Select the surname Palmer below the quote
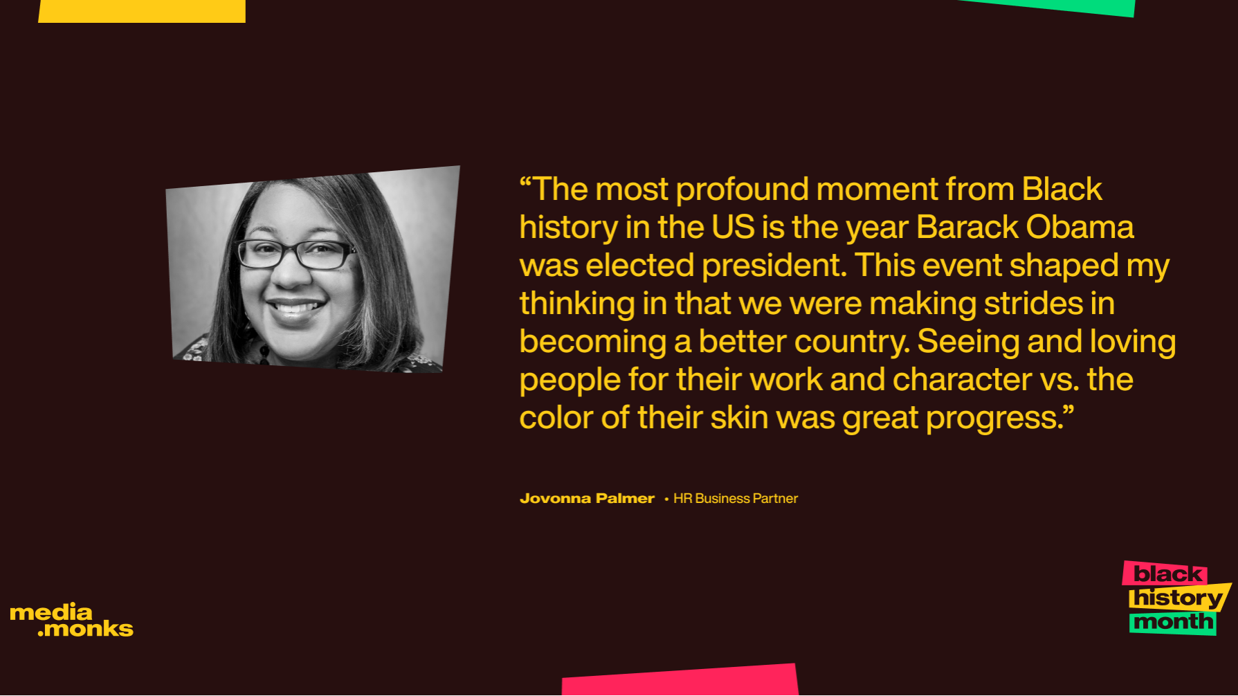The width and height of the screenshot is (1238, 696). pyautogui.click(x=625, y=498)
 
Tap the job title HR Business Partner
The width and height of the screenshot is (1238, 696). pyautogui.click(x=735, y=498)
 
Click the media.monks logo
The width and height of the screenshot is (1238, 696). pyautogui.click(x=71, y=620)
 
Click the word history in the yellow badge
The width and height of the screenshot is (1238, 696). pyautogui.click(x=1177, y=598)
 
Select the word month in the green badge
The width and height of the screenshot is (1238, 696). pyautogui.click(x=1173, y=622)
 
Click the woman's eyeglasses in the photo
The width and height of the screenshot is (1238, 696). pyautogui.click(x=295, y=254)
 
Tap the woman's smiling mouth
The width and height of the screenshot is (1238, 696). pyautogui.click(x=295, y=307)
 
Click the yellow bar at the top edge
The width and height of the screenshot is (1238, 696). pyautogui.click(x=142, y=10)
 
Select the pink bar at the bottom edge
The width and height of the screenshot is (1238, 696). pyautogui.click(x=680, y=681)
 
